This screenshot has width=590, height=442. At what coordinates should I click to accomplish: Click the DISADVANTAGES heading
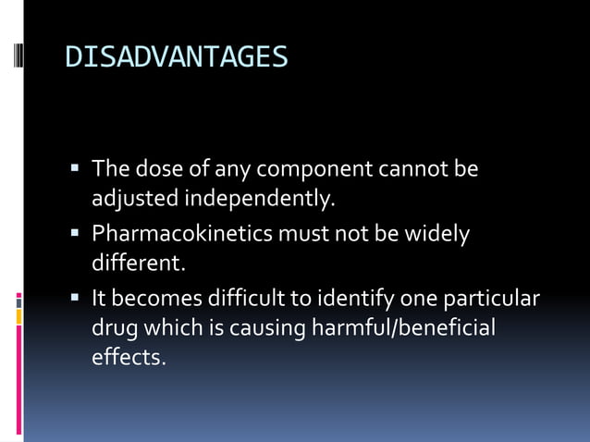click(x=176, y=57)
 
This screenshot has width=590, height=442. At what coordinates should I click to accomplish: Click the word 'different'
click(x=138, y=264)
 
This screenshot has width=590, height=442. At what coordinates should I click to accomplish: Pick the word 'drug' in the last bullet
click(x=112, y=328)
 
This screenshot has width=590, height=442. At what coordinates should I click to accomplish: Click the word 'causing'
click(x=267, y=328)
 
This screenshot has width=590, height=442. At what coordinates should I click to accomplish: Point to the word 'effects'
click(x=128, y=357)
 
